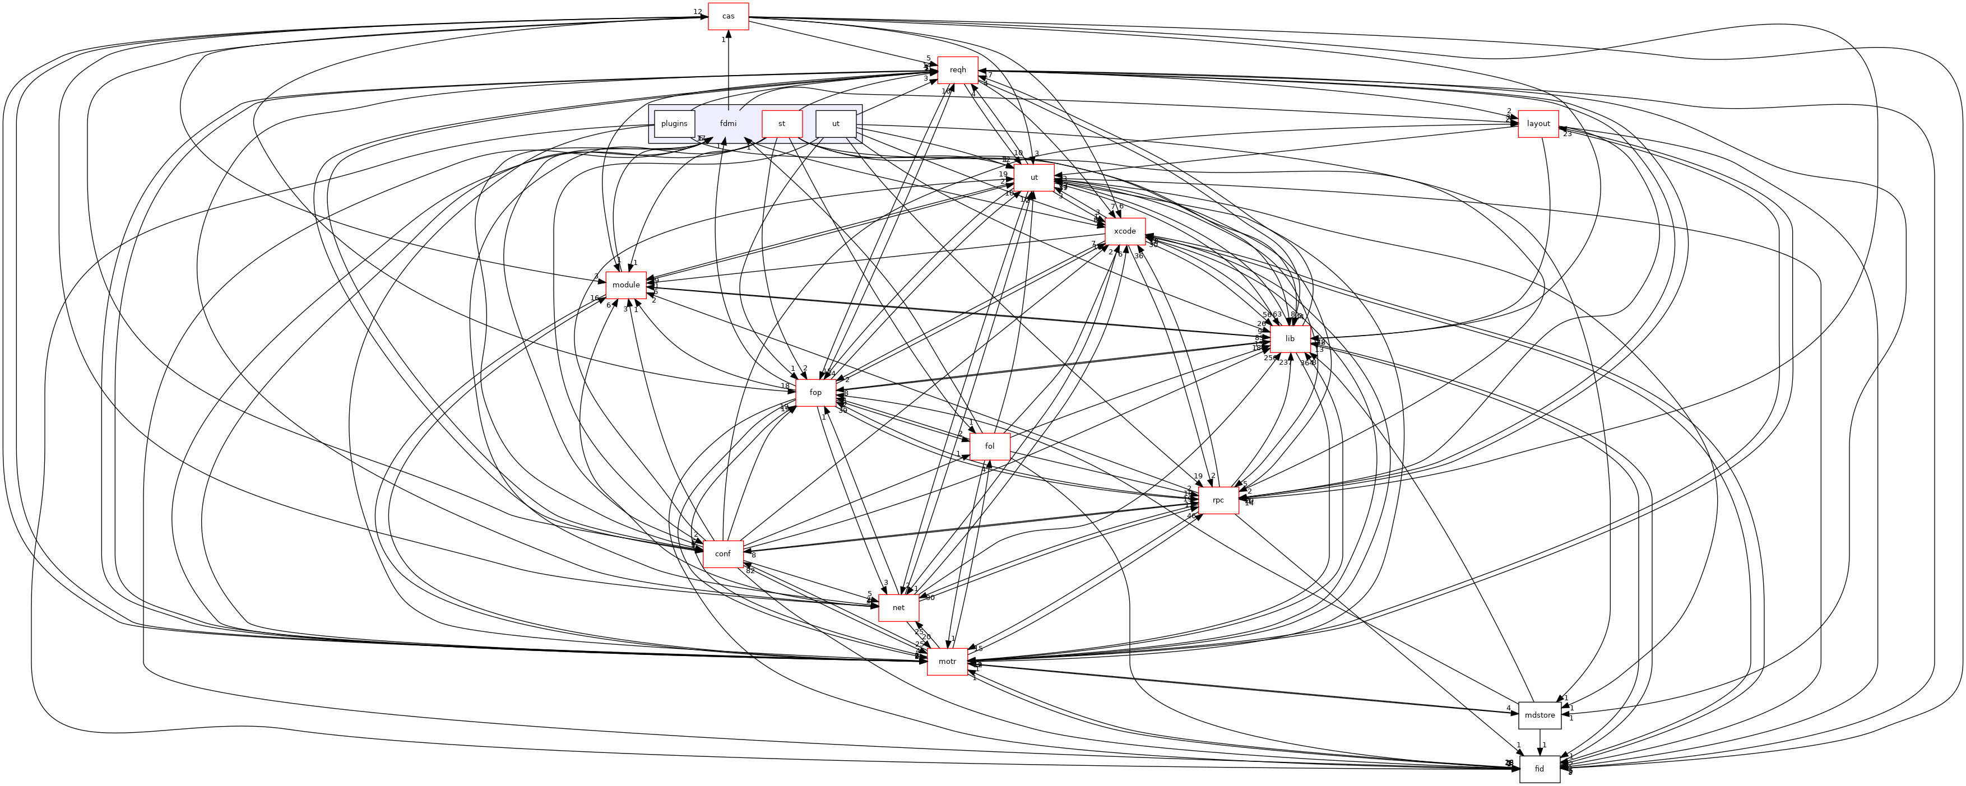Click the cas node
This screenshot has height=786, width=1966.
tap(728, 16)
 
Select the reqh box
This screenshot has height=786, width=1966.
tap(958, 69)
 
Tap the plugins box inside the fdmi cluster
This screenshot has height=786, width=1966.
tap(674, 124)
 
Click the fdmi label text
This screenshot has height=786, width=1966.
tap(728, 124)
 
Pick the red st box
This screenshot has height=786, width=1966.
tap(781, 124)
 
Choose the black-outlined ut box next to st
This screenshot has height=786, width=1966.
tap(836, 124)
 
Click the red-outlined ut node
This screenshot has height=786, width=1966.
tap(1034, 177)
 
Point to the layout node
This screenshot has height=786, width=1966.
tap(1538, 124)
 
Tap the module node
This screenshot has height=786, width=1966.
tap(626, 285)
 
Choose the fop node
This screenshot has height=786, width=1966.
tap(815, 392)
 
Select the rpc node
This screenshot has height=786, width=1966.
tap(1218, 500)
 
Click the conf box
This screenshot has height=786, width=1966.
tap(723, 554)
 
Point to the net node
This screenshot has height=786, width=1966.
tap(898, 607)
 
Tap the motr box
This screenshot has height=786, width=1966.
tap(947, 662)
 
